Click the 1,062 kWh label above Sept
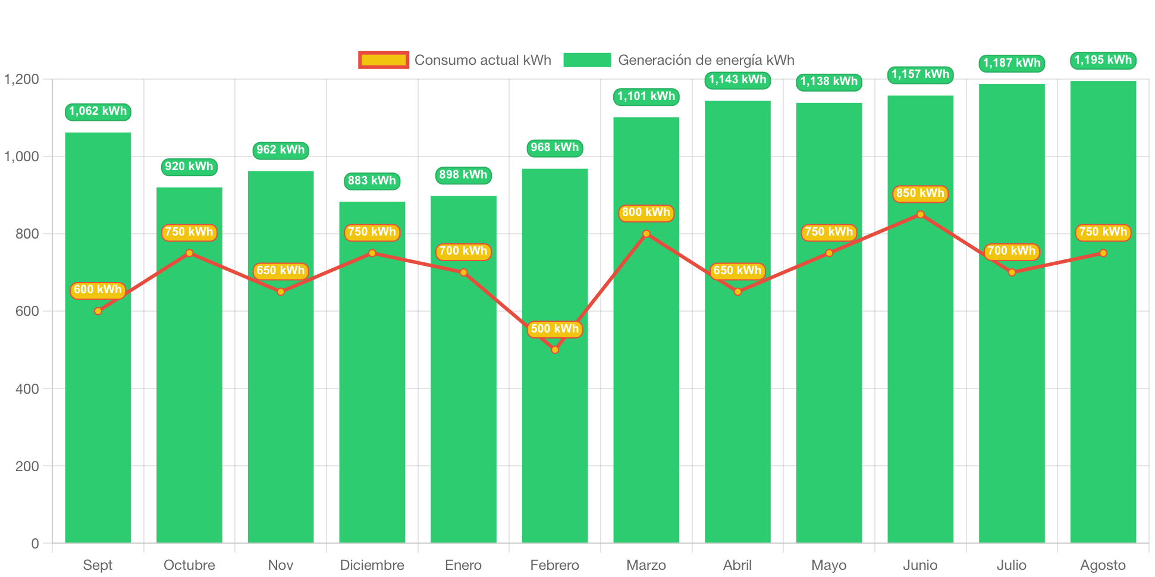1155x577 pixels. click(x=98, y=111)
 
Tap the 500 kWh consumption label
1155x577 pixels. click(x=554, y=329)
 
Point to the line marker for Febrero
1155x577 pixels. click(x=555, y=350)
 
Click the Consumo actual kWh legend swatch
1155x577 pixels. click(x=384, y=60)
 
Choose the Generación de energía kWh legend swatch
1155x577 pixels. click(x=587, y=60)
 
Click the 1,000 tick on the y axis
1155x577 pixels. click(x=22, y=156)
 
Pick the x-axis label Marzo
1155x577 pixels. click(x=646, y=565)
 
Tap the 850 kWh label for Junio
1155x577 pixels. click(x=920, y=193)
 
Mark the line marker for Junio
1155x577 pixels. click(x=921, y=214)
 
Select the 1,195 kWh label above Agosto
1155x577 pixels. click(x=1103, y=60)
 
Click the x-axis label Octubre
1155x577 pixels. click(x=189, y=565)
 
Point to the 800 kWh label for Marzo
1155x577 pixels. click(x=646, y=212)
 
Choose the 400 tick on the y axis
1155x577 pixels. click(x=27, y=389)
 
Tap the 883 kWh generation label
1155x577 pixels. click(x=372, y=181)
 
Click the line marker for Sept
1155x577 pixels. click(x=98, y=311)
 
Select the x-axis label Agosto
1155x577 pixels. click(x=1103, y=565)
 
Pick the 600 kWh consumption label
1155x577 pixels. click(x=98, y=290)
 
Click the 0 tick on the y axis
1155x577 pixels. click(x=34, y=544)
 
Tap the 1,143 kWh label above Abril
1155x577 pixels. click(x=737, y=80)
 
